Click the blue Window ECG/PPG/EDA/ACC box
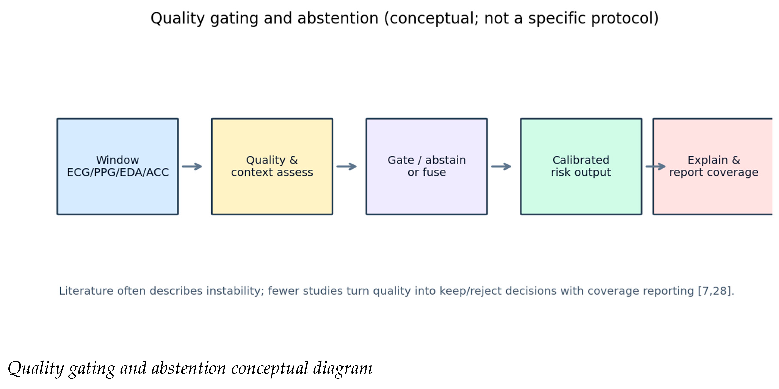[118, 167]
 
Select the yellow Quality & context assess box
[272, 167]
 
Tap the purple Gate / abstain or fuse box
[427, 167]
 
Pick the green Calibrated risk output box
[581, 167]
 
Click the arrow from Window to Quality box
[192, 167]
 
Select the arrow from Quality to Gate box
[346, 167]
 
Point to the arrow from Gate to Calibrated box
[501, 167]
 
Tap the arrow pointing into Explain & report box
[656, 167]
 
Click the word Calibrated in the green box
[581, 160]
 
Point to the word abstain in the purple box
[445, 160]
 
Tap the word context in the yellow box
[252, 172]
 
